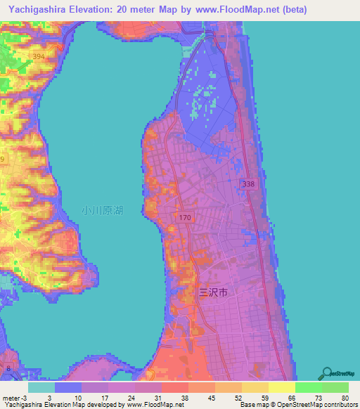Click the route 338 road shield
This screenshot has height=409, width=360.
click(247, 184)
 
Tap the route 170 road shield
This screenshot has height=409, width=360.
click(185, 219)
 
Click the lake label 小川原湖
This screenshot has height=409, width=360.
click(102, 210)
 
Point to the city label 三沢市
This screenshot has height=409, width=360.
click(213, 292)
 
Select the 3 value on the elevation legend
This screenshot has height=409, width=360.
click(54, 398)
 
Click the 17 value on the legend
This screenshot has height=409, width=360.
click(108, 398)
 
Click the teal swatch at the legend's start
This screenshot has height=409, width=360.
click(41, 387)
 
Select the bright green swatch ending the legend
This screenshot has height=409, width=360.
click(335, 387)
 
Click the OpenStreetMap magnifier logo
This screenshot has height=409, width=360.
click(326, 372)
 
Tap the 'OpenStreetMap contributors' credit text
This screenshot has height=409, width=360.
click(309, 405)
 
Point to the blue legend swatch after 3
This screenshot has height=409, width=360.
click(67, 387)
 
